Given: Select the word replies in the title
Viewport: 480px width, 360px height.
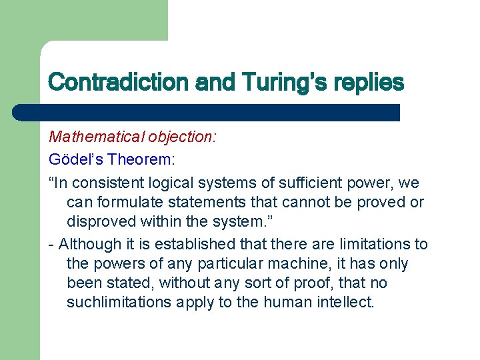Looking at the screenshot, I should [x=363, y=83].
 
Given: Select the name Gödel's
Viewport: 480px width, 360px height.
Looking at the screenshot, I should [x=76, y=159].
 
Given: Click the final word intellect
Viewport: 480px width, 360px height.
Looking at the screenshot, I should [x=347, y=302].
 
